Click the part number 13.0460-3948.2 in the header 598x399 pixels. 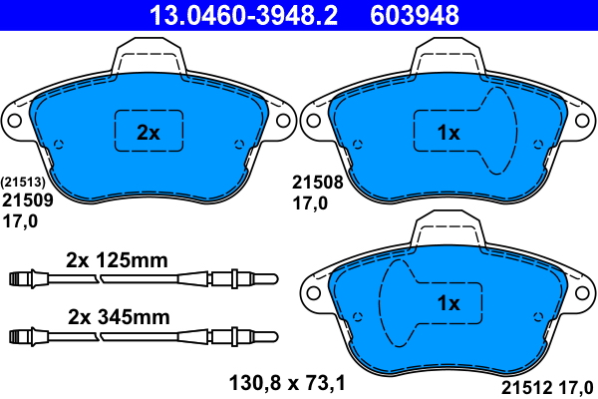(x=243, y=15)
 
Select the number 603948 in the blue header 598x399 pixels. (x=415, y=15)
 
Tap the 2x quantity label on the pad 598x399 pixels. (x=149, y=133)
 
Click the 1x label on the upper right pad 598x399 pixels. (x=448, y=133)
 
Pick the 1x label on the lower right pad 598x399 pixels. (x=448, y=303)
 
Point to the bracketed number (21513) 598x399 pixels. (x=23, y=183)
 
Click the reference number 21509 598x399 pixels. (x=28, y=200)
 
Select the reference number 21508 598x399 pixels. (x=318, y=183)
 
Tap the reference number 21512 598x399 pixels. (x=526, y=388)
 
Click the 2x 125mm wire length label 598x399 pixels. (x=117, y=260)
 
